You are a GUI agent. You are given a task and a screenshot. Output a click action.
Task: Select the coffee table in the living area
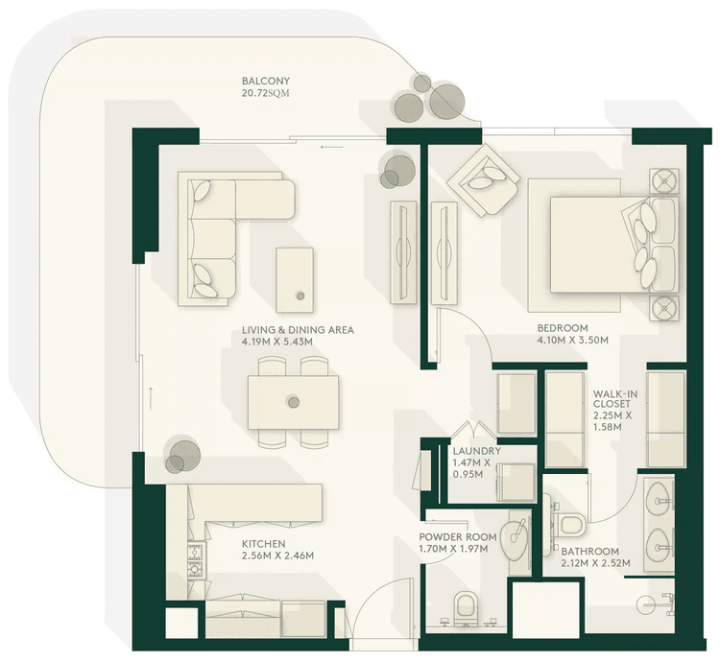[x=295, y=279]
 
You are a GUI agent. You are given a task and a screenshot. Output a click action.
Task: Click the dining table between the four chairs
[x=293, y=402]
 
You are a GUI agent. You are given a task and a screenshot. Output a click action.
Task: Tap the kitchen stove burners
[x=196, y=560]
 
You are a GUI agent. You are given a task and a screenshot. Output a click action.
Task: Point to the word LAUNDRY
[x=477, y=450]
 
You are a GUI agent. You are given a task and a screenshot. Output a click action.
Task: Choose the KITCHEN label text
[x=263, y=543]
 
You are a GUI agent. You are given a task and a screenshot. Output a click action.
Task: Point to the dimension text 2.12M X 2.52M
[x=595, y=563]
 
